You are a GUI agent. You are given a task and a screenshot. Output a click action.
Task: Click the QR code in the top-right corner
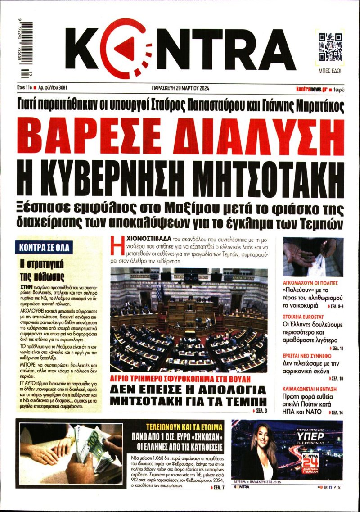(330, 47)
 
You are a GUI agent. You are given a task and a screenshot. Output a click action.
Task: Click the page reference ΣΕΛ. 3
(261, 411)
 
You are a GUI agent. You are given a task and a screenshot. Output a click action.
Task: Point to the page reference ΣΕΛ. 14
(337, 412)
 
